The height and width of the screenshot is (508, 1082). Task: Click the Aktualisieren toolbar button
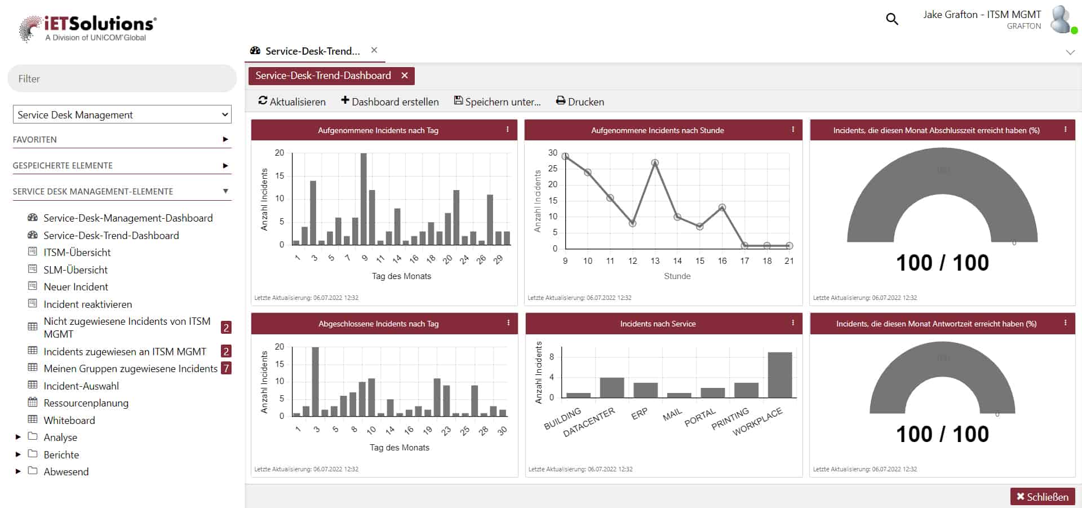tap(292, 101)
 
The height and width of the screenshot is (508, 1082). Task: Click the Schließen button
tap(1042, 497)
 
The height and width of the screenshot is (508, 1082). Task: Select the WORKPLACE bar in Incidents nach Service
tap(779, 375)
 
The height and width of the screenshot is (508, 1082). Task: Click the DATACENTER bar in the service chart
tap(611, 387)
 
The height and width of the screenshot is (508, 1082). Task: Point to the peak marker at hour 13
tap(655, 163)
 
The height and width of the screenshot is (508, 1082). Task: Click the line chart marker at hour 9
tap(565, 156)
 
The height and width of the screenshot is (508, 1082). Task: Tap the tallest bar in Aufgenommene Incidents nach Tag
tap(363, 198)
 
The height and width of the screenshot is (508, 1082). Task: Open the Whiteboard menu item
tap(69, 420)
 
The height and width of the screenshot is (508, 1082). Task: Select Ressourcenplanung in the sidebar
tap(86, 403)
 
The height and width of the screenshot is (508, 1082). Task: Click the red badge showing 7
tap(226, 368)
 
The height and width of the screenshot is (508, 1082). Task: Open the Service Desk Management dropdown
tap(122, 114)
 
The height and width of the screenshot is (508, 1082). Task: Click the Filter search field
tap(122, 79)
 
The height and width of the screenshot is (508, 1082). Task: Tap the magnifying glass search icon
tap(892, 19)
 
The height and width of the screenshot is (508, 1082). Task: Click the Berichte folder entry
tap(61, 454)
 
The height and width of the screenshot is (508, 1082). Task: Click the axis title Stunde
tap(677, 276)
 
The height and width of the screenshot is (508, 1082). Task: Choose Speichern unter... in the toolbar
tap(497, 101)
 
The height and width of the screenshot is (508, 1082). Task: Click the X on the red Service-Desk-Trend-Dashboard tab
tap(404, 76)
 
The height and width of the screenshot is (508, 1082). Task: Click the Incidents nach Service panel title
tap(658, 324)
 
